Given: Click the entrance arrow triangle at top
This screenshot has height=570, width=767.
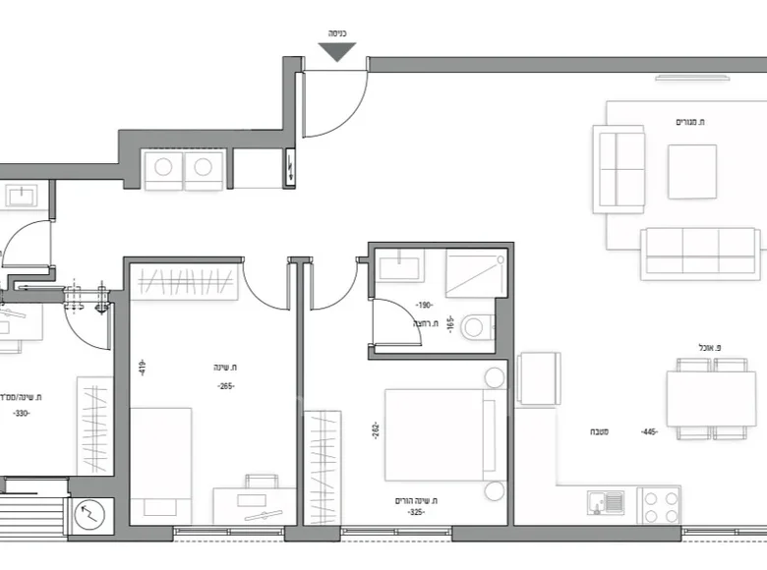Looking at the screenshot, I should coord(336,51).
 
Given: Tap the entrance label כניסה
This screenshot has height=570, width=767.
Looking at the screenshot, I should coord(336,32).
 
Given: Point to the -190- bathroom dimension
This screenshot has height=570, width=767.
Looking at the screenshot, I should coord(424,305).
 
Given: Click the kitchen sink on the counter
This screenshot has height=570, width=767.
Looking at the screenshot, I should coord(605,502).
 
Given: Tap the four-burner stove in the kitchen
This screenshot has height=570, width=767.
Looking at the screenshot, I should coord(659,505).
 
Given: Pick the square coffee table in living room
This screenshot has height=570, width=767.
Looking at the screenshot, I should coord(692,171).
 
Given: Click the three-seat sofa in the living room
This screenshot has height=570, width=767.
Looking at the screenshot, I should coord(700,254).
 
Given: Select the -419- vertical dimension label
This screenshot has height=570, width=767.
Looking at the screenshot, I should coord(143,367).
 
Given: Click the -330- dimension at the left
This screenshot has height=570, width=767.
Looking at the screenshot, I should coord(22,413).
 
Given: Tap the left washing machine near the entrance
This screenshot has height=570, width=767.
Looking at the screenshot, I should coord(163,169).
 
